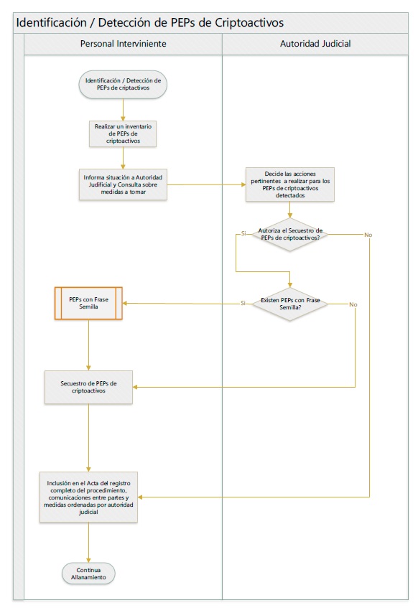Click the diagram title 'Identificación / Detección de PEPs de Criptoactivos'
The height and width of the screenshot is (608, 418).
(150, 22)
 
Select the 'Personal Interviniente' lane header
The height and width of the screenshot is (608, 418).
(123, 44)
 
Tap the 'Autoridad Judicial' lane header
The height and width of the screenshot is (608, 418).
(315, 44)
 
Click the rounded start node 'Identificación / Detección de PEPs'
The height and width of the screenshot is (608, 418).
(123, 84)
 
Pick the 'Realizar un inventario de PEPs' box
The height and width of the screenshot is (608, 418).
(123, 134)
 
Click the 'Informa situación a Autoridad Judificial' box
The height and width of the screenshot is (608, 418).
(123, 184)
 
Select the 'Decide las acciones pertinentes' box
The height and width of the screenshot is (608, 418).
(290, 184)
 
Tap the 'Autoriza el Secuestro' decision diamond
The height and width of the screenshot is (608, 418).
(290, 234)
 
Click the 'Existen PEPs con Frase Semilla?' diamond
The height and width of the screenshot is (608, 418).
(290, 304)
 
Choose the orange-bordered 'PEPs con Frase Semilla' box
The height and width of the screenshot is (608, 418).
(88, 303)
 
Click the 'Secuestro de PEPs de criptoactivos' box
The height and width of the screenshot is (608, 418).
(88, 387)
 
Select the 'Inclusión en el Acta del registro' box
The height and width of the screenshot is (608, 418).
(88, 497)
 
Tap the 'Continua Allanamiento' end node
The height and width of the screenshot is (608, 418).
(88, 574)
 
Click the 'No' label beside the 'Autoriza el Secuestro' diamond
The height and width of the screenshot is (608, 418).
(368, 235)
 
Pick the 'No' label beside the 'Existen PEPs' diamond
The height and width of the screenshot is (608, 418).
(353, 304)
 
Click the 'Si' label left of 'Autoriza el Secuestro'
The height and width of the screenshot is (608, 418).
(243, 233)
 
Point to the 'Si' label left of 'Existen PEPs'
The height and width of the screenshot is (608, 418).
(243, 303)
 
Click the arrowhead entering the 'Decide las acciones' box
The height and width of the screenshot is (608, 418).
(243, 184)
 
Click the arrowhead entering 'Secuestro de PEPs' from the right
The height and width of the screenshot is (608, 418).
(135, 387)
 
